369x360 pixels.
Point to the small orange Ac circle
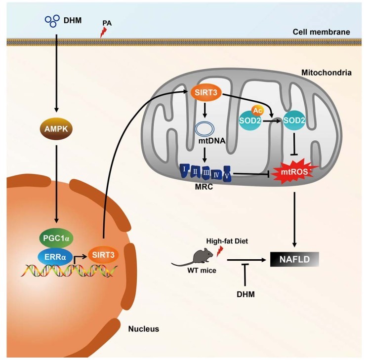(x=257, y=111)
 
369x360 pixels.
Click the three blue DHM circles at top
(x=51, y=20)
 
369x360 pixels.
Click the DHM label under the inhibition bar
(x=246, y=294)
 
